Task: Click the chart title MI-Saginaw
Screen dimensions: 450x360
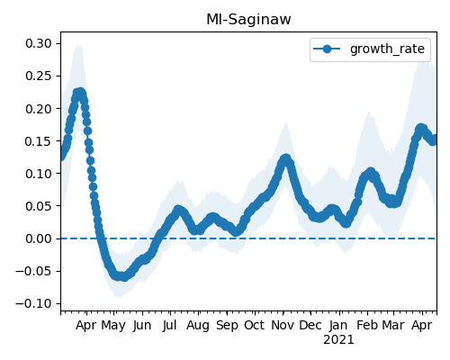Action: click(x=248, y=20)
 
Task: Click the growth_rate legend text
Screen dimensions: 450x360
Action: click(x=387, y=49)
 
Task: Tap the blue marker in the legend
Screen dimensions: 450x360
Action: click(x=327, y=49)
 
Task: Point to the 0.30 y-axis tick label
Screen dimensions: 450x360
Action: click(x=39, y=43)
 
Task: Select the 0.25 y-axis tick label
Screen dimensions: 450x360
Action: click(x=39, y=76)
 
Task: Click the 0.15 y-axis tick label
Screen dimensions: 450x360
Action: click(x=39, y=141)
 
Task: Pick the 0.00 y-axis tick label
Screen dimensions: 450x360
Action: click(x=39, y=238)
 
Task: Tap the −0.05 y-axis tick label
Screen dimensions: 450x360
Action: click(x=34, y=271)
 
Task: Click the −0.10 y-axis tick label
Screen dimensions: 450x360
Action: click(x=34, y=303)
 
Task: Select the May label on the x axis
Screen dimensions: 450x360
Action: click(x=113, y=326)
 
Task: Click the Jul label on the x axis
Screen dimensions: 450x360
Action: click(x=170, y=325)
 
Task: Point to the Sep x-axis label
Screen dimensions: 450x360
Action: click(x=227, y=326)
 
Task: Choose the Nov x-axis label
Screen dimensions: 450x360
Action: click(x=283, y=325)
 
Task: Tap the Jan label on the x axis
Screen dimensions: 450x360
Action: click(x=338, y=325)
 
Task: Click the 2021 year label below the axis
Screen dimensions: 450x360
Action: click(x=338, y=340)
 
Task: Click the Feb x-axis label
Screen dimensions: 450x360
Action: click(x=367, y=325)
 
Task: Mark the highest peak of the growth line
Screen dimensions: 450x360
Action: click(x=79, y=93)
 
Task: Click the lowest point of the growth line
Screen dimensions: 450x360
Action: click(x=123, y=277)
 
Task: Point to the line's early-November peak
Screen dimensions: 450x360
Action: click(x=286, y=158)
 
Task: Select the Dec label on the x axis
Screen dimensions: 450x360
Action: click(x=310, y=325)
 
